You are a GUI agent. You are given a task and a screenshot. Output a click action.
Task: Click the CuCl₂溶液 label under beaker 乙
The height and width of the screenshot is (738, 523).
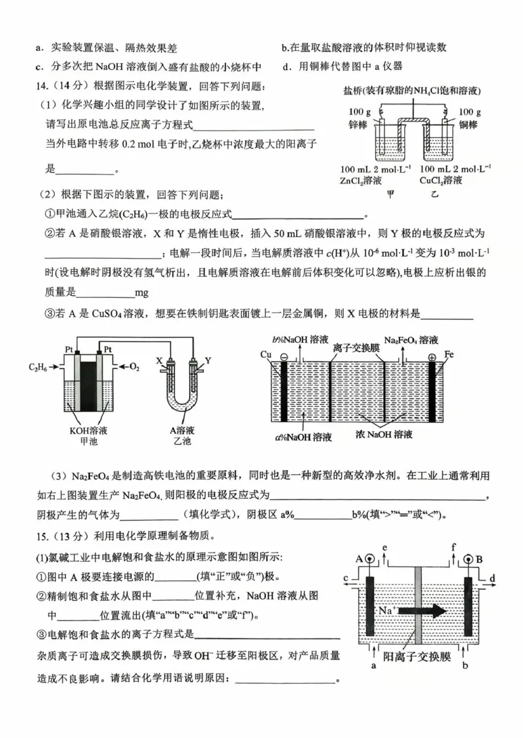click(x=441, y=180)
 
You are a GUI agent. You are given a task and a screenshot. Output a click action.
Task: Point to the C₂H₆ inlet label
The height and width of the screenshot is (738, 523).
click(x=38, y=367)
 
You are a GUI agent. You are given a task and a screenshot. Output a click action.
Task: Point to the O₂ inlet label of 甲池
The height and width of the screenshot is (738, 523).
click(x=135, y=367)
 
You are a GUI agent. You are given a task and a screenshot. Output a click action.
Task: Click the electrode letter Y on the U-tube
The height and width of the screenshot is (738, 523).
click(x=209, y=360)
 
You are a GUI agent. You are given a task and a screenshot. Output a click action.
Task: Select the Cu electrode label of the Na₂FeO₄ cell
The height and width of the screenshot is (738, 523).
click(x=265, y=355)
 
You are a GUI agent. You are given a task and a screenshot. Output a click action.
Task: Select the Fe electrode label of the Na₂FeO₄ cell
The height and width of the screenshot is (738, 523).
click(x=449, y=355)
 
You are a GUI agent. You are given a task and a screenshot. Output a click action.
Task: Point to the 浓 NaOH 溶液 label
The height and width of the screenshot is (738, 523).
click(x=386, y=434)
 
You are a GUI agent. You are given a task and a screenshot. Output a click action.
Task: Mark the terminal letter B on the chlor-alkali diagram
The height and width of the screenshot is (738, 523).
click(x=479, y=558)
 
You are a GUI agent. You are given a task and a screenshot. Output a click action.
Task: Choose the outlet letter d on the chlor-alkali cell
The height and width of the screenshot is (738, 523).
click(x=492, y=578)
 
